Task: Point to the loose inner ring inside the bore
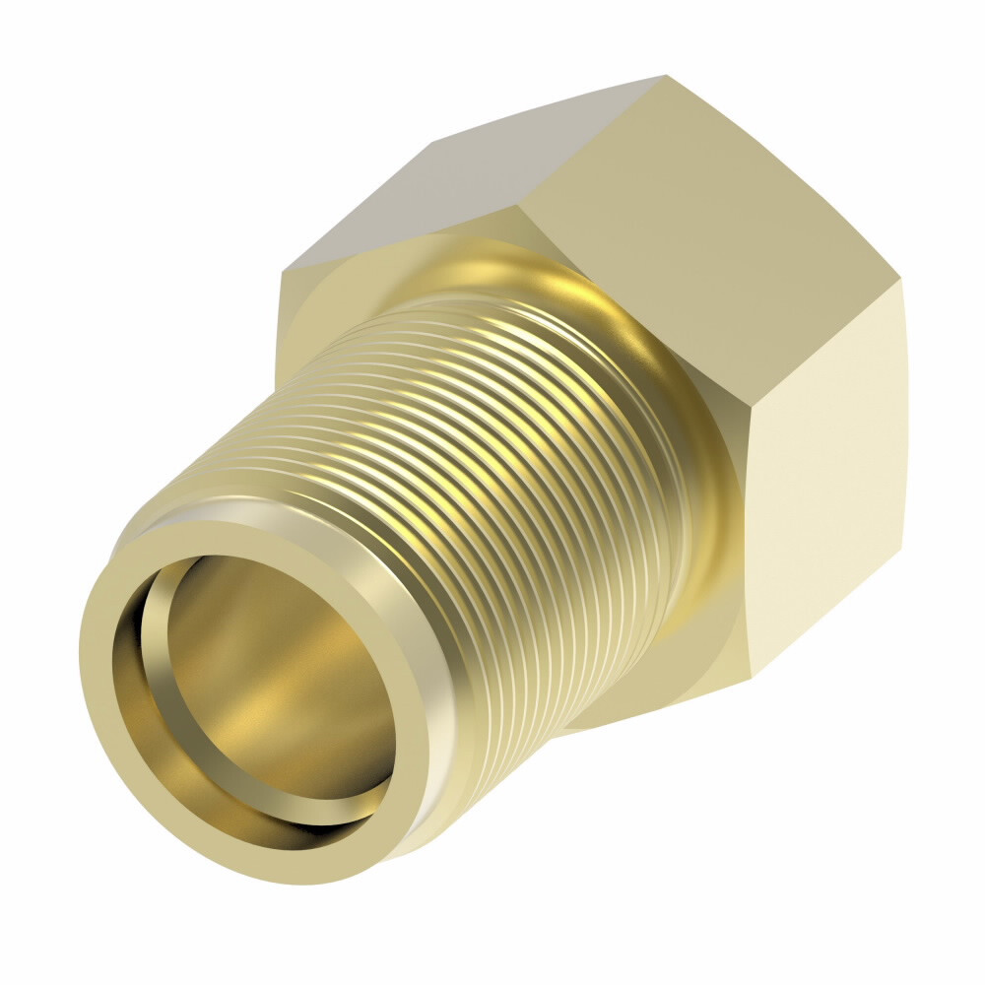pos(158,640)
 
